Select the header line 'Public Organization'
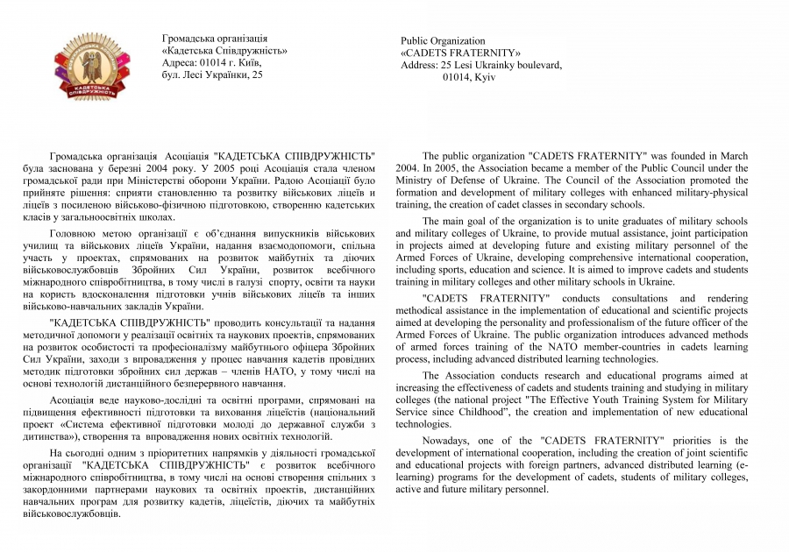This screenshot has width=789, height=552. tap(443, 41)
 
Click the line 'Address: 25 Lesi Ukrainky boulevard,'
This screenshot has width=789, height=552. tap(481, 65)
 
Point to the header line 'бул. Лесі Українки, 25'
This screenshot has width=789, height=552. tap(213, 75)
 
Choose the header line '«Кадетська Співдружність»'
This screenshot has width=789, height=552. tap(225, 51)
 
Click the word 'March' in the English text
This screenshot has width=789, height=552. tap(733, 155)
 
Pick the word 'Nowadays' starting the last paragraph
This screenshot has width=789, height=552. tap(448, 440)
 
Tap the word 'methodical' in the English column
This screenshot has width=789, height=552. tap(423, 310)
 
